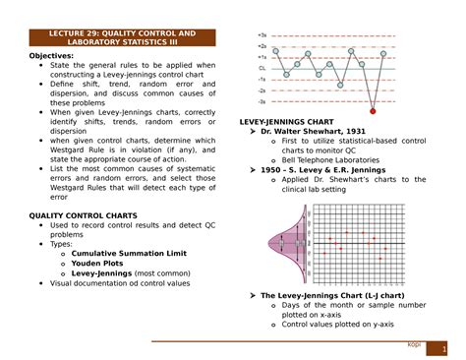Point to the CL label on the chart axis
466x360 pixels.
(x=262, y=68)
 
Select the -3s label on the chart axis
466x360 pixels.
(x=262, y=101)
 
